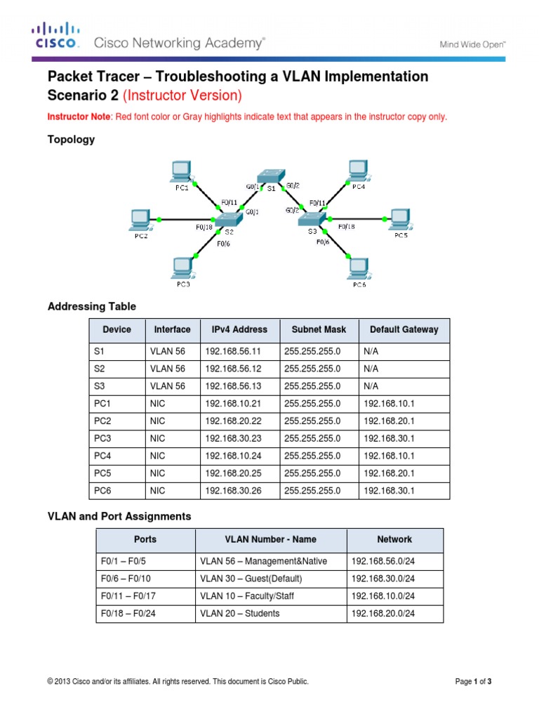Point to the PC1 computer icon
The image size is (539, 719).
click(182, 171)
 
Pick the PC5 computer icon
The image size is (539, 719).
click(400, 218)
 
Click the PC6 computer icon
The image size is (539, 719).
click(358, 268)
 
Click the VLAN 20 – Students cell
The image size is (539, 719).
click(239, 613)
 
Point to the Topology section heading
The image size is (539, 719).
click(70, 139)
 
